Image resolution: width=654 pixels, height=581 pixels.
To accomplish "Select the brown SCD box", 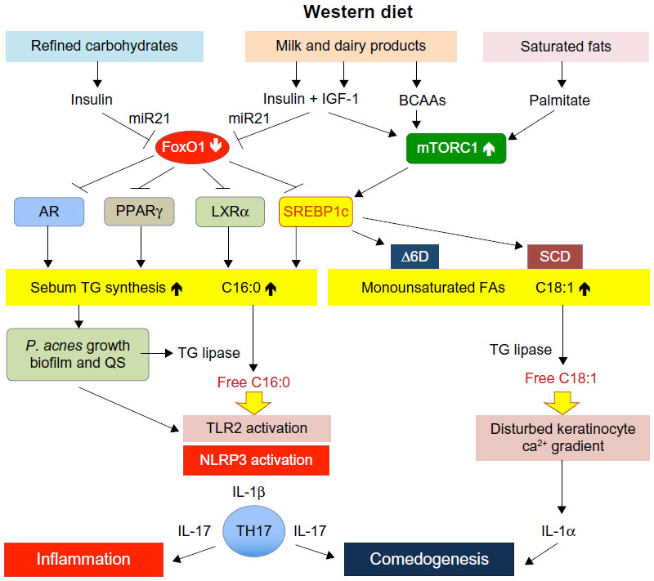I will (x=555, y=257).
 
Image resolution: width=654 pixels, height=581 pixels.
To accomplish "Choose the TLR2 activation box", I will (x=257, y=428).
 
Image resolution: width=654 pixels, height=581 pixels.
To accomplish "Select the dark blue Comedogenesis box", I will (x=429, y=559).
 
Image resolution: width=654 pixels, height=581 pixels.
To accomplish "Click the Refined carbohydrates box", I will (x=97, y=47).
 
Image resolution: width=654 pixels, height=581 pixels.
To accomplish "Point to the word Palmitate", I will (x=560, y=100).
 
